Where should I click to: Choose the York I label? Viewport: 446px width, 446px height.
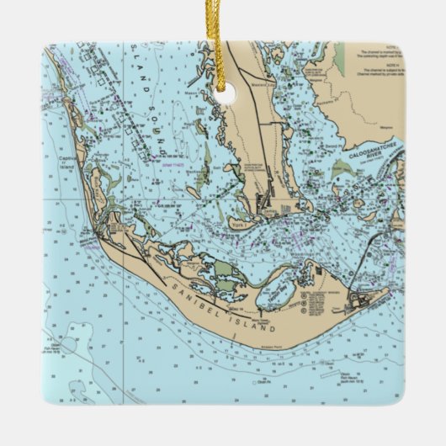[x=242, y=226]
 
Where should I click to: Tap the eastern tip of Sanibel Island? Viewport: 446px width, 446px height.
[x=388, y=292]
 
